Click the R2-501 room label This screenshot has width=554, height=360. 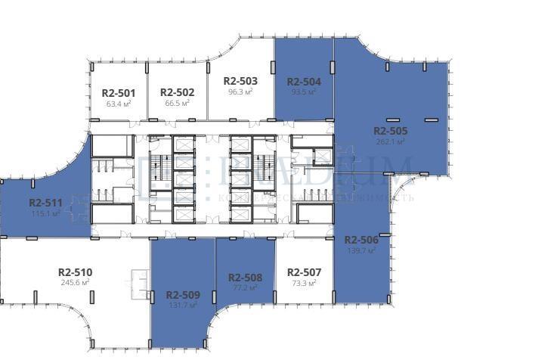coord(118,93)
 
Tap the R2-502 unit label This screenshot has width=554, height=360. coord(178,93)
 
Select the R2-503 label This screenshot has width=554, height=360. coord(240,80)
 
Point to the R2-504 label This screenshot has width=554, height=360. coord(304,81)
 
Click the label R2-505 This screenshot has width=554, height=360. coord(390,130)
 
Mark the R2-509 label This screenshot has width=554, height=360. coord(183,295)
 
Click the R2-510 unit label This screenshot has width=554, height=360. coord(75,272)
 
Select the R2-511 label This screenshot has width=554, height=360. coord(45,203)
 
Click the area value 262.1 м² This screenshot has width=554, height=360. coord(390,141)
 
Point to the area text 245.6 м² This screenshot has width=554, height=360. coord(75,282)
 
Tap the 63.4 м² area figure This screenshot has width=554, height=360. coord(118,104)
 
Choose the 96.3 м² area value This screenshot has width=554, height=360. coord(240,91)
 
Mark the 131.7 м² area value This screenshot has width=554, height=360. coord(183,306)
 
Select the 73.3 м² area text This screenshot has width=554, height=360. coord(304,283)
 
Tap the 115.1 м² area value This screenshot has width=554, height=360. coord(45,213)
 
